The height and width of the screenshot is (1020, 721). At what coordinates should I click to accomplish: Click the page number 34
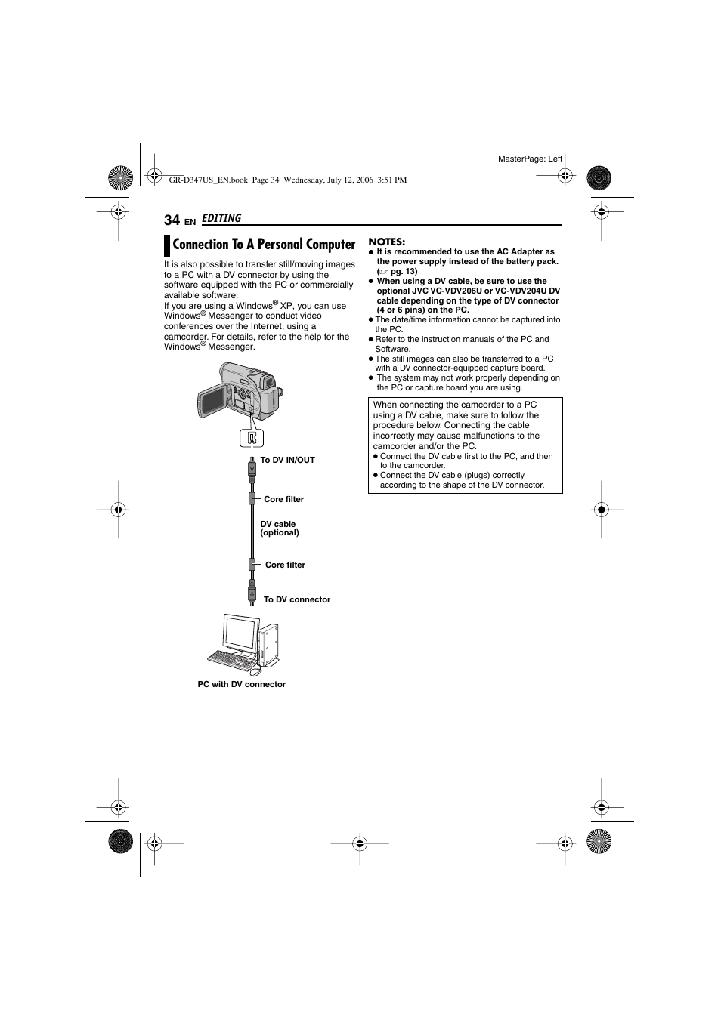tap(172, 220)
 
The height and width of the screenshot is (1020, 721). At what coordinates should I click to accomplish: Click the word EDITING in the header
tap(221, 218)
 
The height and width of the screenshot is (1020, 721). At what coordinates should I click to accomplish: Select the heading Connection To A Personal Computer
tap(264, 244)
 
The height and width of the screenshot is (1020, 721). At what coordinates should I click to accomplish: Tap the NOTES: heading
tap(387, 242)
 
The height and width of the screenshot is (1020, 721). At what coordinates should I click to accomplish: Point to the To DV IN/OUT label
tap(287, 460)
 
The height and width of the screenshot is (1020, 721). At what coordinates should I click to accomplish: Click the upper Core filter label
tap(283, 499)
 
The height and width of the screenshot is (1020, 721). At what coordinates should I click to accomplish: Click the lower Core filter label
tap(285, 565)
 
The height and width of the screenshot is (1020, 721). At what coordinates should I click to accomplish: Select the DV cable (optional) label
tap(279, 528)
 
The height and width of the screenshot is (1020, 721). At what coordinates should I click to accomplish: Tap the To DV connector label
tap(296, 599)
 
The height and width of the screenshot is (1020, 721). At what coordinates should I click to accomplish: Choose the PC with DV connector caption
tap(242, 684)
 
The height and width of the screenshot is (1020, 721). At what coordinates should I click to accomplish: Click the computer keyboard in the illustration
tap(231, 658)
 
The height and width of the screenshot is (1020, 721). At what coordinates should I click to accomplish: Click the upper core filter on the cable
tap(252, 499)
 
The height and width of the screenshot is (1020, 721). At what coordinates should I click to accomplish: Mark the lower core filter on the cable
tap(252, 565)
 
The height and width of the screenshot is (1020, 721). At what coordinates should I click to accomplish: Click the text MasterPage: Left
tap(530, 159)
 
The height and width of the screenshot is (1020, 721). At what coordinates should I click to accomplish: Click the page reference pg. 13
tap(404, 271)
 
